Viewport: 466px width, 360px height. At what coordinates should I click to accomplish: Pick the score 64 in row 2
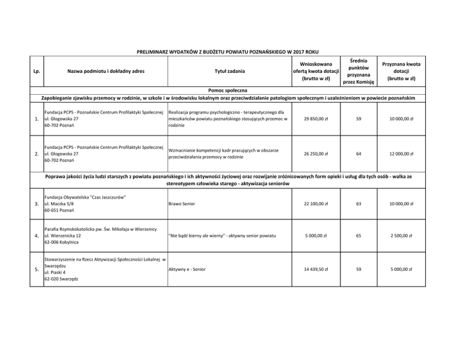point(359,154)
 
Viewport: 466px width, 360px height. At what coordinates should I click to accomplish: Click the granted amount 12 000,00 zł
point(402,154)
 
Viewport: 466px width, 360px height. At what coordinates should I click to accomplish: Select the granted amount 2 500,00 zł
point(402,236)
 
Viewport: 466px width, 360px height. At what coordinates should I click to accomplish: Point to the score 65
point(359,236)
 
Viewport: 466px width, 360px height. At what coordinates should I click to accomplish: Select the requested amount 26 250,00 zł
point(314,154)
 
